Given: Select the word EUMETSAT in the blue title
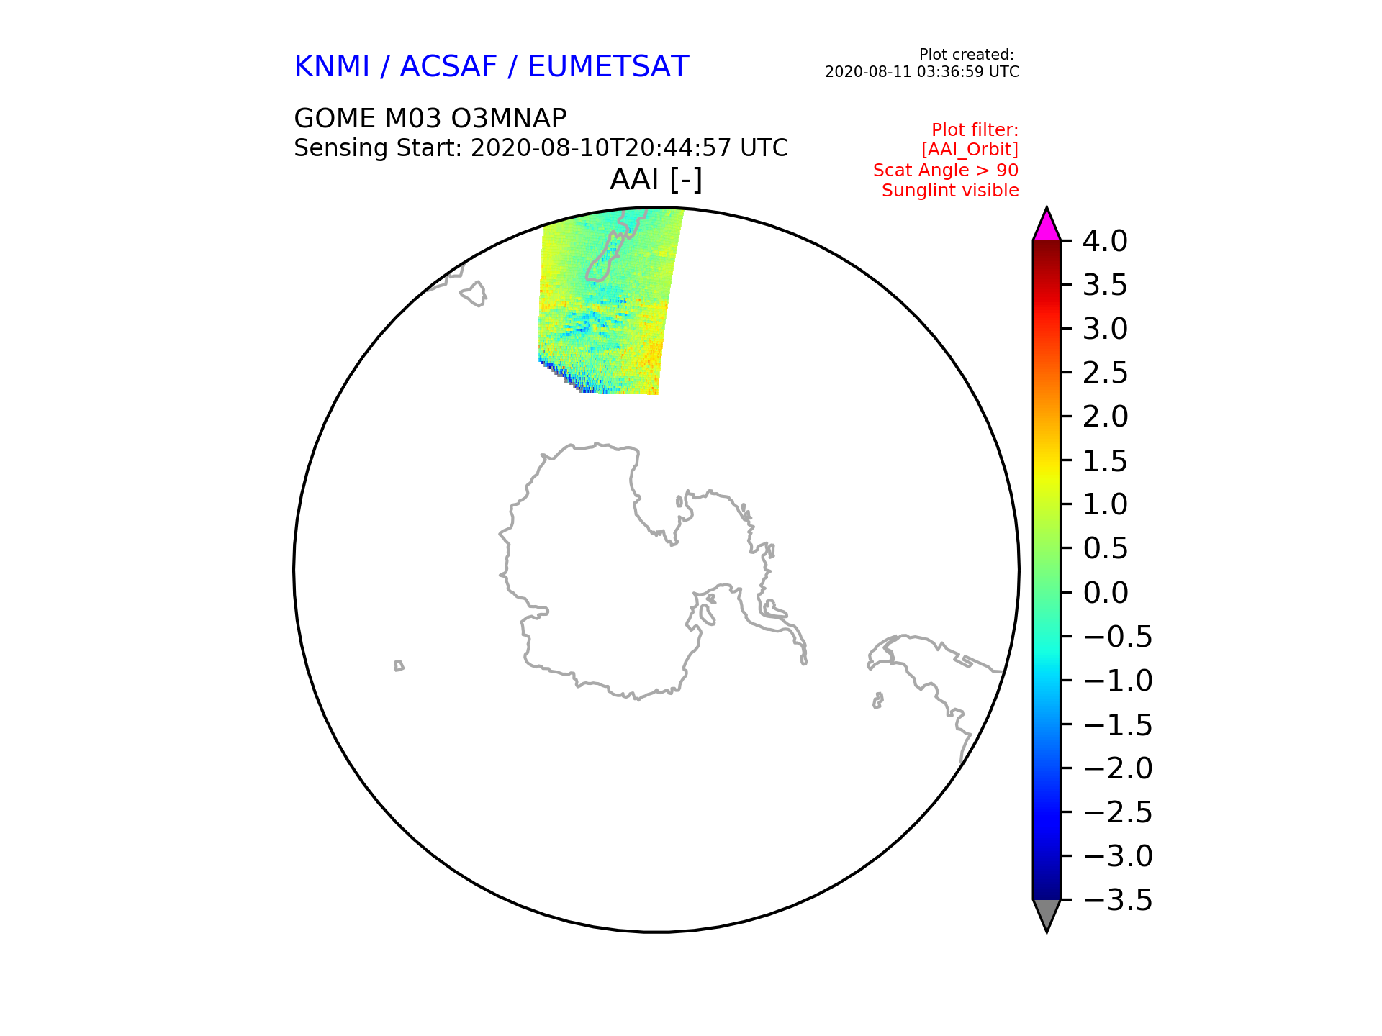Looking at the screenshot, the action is [x=608, y=67].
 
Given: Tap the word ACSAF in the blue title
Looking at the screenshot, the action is [x=448, y=67].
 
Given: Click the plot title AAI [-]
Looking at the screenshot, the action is [x=656, y=179].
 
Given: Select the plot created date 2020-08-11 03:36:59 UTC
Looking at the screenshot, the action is [x=921, y=72].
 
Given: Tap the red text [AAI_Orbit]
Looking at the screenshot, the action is [x=970, y=150].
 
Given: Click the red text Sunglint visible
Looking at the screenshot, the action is [x=950, y=191].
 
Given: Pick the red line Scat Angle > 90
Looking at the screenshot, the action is [x=946, y=171].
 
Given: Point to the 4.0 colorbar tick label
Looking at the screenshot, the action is [x=1105, y=241].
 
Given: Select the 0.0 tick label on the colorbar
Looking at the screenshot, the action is [x=1105, y=593].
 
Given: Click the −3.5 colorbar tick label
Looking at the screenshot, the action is [x=1117, y=900].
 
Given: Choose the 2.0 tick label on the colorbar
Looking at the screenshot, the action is [x=1105, y=417].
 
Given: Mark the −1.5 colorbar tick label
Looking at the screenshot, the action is [x=1117, y=724].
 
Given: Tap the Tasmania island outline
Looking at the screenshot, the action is [x=474, y=294].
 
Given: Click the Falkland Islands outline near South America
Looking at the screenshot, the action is [x=877, y=700].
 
